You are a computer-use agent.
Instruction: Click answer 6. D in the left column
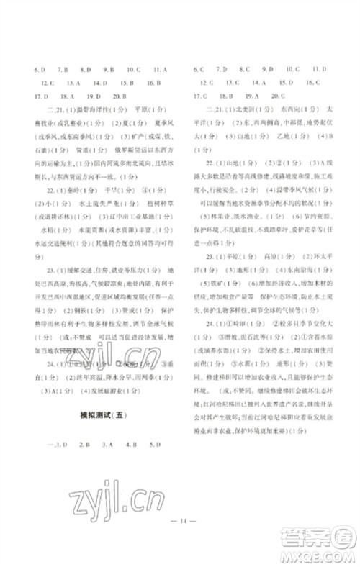[x=32, y=70]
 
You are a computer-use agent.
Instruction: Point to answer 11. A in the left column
[x=161, y=70]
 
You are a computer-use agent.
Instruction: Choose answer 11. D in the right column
[x=320, y=70]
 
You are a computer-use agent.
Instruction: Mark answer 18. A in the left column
[x=67, y=96]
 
